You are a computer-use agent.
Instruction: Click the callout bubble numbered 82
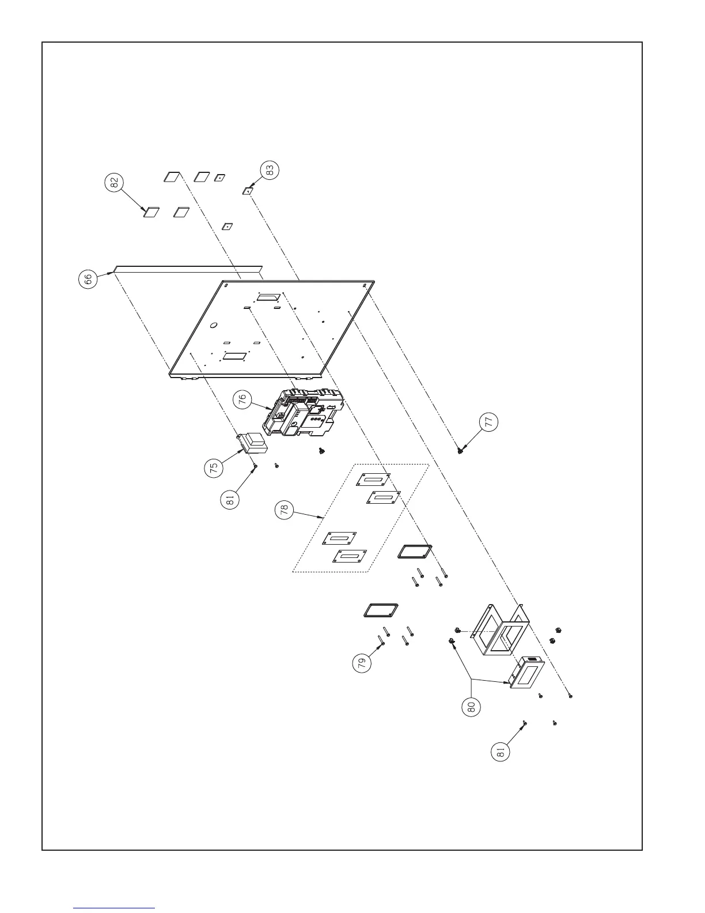pos(114,182)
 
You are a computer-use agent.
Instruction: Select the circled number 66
pos(87,280)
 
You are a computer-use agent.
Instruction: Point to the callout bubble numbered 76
pos(244,399)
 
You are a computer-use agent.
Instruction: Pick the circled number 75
pos(213,467)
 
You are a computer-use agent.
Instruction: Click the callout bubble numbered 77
pos(488,422)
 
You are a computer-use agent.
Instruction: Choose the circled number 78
pos(284,511)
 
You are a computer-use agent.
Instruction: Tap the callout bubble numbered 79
pos(361,663)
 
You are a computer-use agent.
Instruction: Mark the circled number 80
pos(471,707)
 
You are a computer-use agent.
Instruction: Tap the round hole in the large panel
pos(213,326)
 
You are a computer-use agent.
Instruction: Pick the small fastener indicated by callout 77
pos(460,450)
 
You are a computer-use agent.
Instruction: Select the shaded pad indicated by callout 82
pos(151,212)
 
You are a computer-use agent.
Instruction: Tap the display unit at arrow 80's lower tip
pos(528,674)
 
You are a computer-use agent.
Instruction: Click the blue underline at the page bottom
pos(114,908)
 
